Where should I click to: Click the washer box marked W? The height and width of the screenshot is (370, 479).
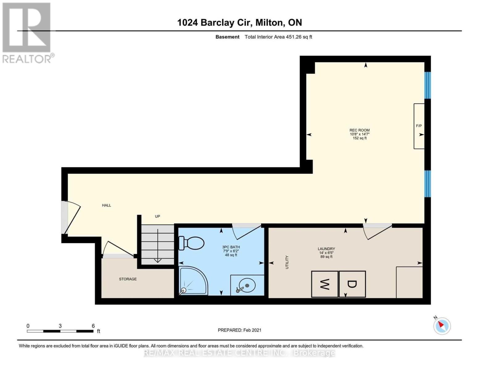tap(324, 284)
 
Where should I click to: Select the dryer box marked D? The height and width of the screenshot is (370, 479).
tap(352, 284)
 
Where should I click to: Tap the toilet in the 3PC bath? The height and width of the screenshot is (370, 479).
tap(192, 243)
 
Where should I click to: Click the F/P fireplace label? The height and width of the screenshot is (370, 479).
tap(419, 126)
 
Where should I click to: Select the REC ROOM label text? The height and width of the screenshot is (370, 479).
tap(359, 130)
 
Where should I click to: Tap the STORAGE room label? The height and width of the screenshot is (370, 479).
tap(128, 279)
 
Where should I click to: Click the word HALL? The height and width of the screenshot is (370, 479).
tap(106, 205)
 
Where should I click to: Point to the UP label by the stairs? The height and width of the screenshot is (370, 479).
tap(157, 216)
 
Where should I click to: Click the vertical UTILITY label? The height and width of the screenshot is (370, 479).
tap(287, 262)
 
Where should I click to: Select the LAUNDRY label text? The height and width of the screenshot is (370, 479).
tap(326, 249)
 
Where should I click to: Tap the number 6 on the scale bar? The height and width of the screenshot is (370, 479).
tap(93, 326)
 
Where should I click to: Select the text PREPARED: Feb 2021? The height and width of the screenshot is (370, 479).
tap(239, 330)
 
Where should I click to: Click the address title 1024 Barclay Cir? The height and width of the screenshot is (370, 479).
tap(239, 23)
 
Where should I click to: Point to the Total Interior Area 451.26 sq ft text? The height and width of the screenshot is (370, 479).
tap(278, 37)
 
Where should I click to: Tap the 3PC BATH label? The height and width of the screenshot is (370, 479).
tap(231, 247)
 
